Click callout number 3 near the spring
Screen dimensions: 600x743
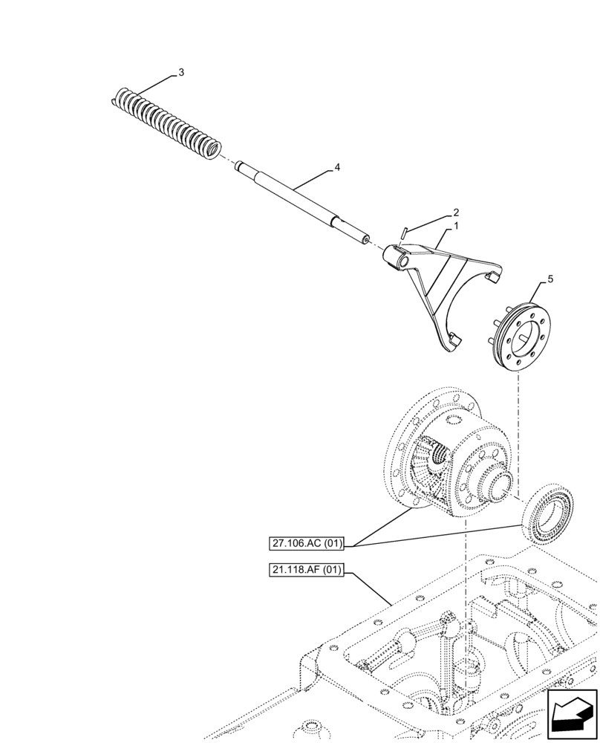pyautogui.click(x=180, y=73)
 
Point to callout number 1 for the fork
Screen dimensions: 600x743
pyautogui.click(x=455, y=224)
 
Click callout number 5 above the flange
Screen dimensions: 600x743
pyautogui.click(x=550, y=279)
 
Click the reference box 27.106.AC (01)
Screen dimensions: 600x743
pyautogui.click(x=307, y=543)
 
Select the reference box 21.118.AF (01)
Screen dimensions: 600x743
pyautogui.click(x=307, y=571)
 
